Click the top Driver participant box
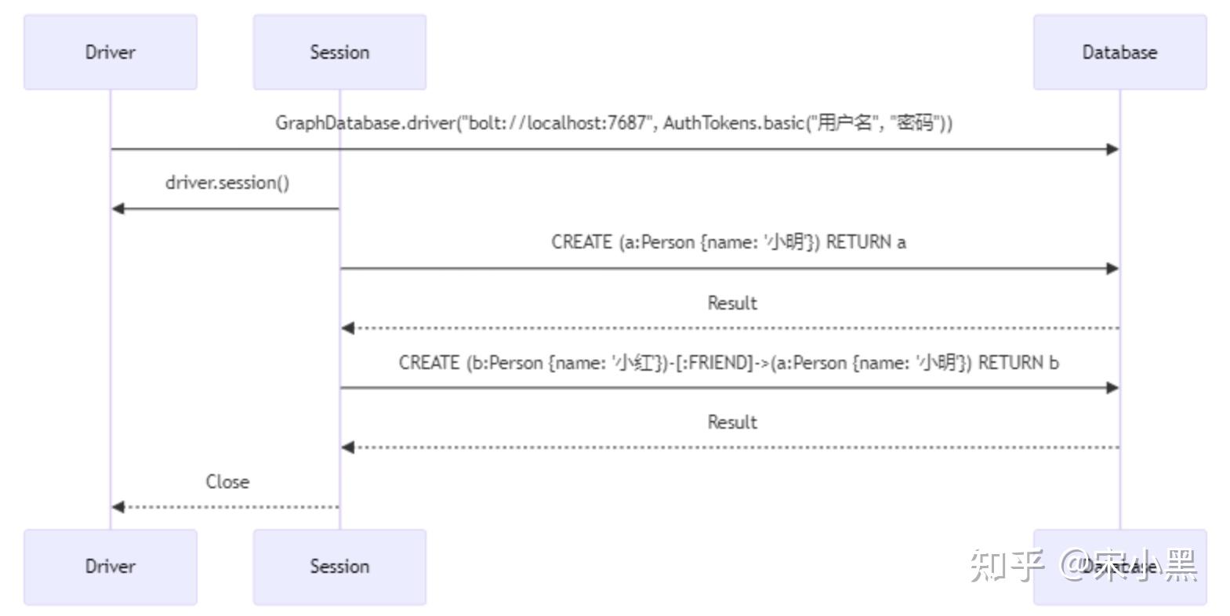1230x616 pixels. pos(110,52)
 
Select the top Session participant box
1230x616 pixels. pos(339,52)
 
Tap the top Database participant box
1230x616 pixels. pos(1119,52)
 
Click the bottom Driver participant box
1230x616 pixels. pos(110,566)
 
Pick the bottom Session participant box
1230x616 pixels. pos(339,566)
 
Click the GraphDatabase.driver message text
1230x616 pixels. pos(613,123)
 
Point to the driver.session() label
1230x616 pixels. pos(227,183)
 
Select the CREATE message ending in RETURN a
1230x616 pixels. pos(728,242)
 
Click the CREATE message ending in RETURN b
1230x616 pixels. pos(728,363)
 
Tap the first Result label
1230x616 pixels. pos(732,303)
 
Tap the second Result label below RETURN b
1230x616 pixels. pos(732,422)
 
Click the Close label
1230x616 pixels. pos(227,482)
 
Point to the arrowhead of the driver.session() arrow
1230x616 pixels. pos(118,208)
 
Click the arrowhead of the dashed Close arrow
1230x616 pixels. pos(118,507)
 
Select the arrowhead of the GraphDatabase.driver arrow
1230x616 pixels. pos(1112,149)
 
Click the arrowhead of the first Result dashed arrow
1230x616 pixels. pos(348,328)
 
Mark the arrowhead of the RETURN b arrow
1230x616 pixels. pos(1112,388)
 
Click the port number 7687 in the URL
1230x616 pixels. pos(627,123)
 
